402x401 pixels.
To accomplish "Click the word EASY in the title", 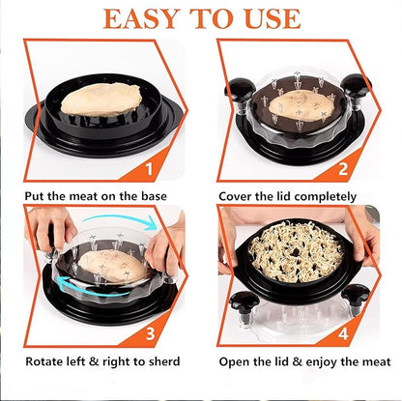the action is [x=142, y=19].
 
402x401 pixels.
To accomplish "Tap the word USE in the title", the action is [x=273, y=19].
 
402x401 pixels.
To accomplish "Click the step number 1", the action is [x=149, y=168].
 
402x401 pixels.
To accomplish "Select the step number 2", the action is [x=343, y=168].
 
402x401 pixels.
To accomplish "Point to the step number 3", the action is [x=150, y=333].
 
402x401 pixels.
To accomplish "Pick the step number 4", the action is [x=343, y=333].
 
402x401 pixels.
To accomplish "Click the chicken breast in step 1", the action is [x=101, y=100].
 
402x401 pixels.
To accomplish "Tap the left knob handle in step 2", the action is [x=239, y=91].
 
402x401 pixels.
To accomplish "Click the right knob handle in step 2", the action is [x=356, y=89].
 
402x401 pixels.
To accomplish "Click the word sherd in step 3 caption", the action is [x=163, y=361].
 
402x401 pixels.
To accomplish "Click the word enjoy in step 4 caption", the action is [x=321, y=362].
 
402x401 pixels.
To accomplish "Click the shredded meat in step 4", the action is [x=296, y=251].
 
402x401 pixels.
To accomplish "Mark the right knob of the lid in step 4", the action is [x=355, y=301].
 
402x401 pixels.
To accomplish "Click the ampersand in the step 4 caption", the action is [x=297, y=362].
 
